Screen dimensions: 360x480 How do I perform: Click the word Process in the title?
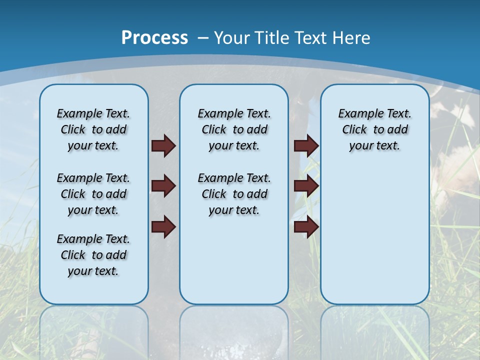pos(154,38)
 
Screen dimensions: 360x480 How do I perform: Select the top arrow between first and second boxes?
pos(163,146)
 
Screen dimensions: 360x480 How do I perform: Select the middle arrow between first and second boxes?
pos(163,186)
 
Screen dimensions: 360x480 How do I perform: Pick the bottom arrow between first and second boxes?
pos(163,227)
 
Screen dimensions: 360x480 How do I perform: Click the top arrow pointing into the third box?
pos(306,146)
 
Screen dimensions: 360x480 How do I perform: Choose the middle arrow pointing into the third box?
pos(306,186)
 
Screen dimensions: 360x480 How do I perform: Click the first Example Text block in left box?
pos(93,129)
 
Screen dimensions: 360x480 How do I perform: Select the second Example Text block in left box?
pos(93,194)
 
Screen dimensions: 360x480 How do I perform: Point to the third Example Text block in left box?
pos(93,255)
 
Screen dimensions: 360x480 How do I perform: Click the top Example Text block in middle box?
pos(234,129)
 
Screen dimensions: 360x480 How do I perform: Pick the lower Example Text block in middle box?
pos(234,194)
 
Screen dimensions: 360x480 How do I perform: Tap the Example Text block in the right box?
pos(374,129)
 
